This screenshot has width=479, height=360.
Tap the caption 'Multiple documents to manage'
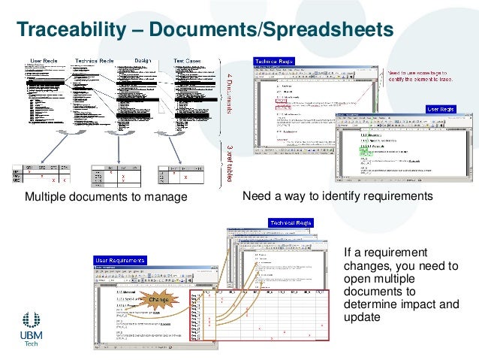(x=105, y=197)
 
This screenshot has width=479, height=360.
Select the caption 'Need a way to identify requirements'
(x=339, y=196)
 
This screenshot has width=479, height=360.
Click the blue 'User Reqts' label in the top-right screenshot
(x=442, y=109)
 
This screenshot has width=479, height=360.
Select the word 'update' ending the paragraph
(x=360, y=318)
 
